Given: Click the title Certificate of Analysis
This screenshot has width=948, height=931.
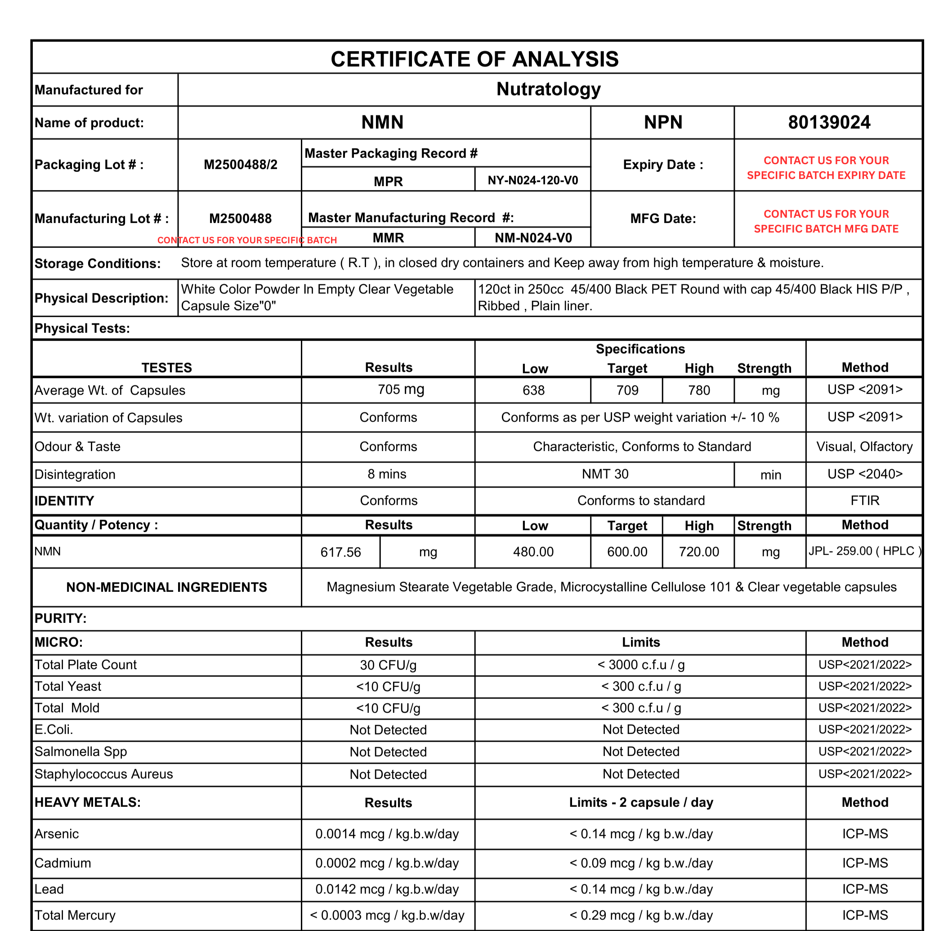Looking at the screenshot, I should (x=474, y=59).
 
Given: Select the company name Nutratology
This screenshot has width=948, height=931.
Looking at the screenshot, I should (x=548, y=89).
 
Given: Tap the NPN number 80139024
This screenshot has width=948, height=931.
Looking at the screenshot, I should (x=829, y=122).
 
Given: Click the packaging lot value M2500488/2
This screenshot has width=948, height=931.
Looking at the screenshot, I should (x=240, y=165).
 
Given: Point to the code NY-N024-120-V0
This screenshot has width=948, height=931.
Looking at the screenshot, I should (x=532, y=180).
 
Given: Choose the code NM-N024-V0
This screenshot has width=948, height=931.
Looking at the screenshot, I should (x=533, y=238).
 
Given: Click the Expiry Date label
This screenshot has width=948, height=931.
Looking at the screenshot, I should (x=662, y=165).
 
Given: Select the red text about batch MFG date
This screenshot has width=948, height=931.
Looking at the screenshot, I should (x=826, y=221).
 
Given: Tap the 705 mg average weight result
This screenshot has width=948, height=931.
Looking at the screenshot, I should (x=400, y=389).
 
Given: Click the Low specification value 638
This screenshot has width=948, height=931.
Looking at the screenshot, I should (x=533, y=390).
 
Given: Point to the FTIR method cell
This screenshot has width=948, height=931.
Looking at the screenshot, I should (x=864, y=500).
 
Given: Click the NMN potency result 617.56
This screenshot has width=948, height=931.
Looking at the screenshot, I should (x=340, y=552).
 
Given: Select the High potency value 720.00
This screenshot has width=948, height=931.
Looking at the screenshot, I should (x=699, y=552).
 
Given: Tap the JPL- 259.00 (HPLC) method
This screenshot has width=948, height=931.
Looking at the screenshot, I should (x=864, y=551).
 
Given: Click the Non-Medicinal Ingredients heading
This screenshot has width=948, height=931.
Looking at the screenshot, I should (x=167, y=587).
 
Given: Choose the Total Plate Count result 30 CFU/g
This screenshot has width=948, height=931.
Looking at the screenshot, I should (x=388, y=665).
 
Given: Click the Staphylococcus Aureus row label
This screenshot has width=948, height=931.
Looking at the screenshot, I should (x=103, y=774).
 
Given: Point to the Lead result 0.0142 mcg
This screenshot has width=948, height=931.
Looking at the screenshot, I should (x=387, y=889).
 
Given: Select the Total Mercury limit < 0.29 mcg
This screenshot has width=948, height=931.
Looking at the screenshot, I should (x=640, y=915).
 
